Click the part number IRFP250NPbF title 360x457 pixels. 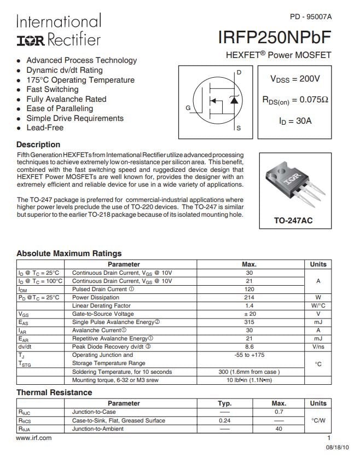click(275, 37)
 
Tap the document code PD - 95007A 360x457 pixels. click(310, 16)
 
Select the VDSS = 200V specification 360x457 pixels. click(295, 79)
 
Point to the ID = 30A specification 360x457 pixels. click(295, 120)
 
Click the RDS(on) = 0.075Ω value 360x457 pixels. click(295, 100)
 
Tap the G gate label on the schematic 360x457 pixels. click(188, 108)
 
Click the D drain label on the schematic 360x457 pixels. click(239, 72)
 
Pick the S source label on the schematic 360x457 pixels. click(239, 128)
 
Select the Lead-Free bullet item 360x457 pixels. click(45, 128)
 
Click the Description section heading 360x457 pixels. click(38, 144)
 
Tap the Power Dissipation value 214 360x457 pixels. click(249, 297)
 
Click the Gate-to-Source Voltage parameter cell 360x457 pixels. click(103, 314)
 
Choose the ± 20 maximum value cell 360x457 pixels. click(249, 314)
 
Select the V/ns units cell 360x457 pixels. click(318, 347)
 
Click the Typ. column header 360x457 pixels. click(225, 403)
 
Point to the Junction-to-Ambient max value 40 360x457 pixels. click(279, 429)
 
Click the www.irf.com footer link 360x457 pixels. click(34, 438)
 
